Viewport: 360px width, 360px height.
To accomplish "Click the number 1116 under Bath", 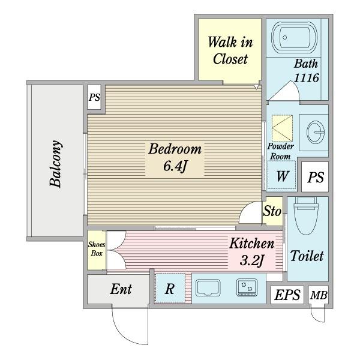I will (305, 77).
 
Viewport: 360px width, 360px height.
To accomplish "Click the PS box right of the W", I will (316, 178).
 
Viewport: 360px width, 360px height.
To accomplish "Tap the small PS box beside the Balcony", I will (94, 98).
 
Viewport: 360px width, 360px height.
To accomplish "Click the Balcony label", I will (55, 163).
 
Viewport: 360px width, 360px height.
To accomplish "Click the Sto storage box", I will (273, 211).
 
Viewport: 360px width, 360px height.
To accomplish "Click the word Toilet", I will (307, 256).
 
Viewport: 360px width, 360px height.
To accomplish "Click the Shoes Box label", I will (96, 249).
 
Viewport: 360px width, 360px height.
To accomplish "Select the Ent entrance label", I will (121, 289).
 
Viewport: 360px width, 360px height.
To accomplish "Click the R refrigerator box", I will (170, 289).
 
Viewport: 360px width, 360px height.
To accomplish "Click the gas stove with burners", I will (248, 288).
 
